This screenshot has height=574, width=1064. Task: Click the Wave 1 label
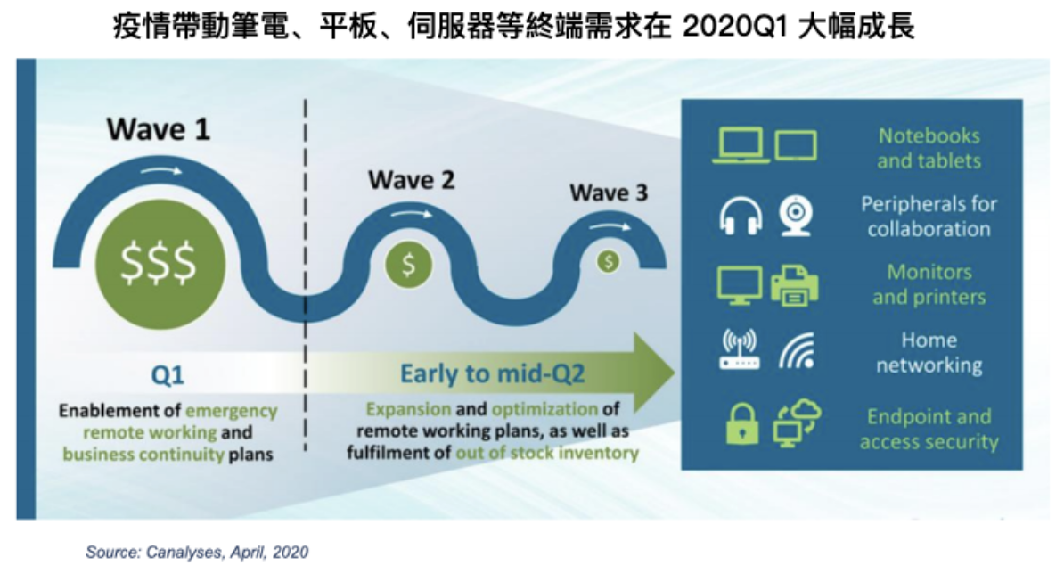(158, 129)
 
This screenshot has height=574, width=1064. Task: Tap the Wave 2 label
(411, 180)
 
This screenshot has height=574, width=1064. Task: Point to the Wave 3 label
(609, 193)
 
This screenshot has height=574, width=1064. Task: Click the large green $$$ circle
(160, 264)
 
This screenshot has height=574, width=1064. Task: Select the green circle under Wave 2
(408, 264)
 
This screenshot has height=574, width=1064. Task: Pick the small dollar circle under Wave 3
(608, 261)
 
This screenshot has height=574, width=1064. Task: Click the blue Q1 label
(167, 375)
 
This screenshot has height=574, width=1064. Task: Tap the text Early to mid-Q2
(492, 373)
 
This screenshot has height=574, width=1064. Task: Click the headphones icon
(741, 216)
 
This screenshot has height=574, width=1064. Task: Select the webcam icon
(796, 215)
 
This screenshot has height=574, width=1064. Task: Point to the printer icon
(795, 285)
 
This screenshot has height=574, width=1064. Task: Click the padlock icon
(742, 423)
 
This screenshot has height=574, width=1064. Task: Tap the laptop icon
(741, 145)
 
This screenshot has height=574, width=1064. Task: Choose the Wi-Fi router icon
(740, 349)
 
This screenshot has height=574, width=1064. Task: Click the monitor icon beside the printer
(740, 285)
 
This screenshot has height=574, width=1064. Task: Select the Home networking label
(929, 352)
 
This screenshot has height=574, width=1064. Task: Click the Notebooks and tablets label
(929, 148)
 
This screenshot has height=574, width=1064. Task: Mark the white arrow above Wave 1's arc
(160, 170)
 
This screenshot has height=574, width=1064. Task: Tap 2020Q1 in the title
(735, 27)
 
